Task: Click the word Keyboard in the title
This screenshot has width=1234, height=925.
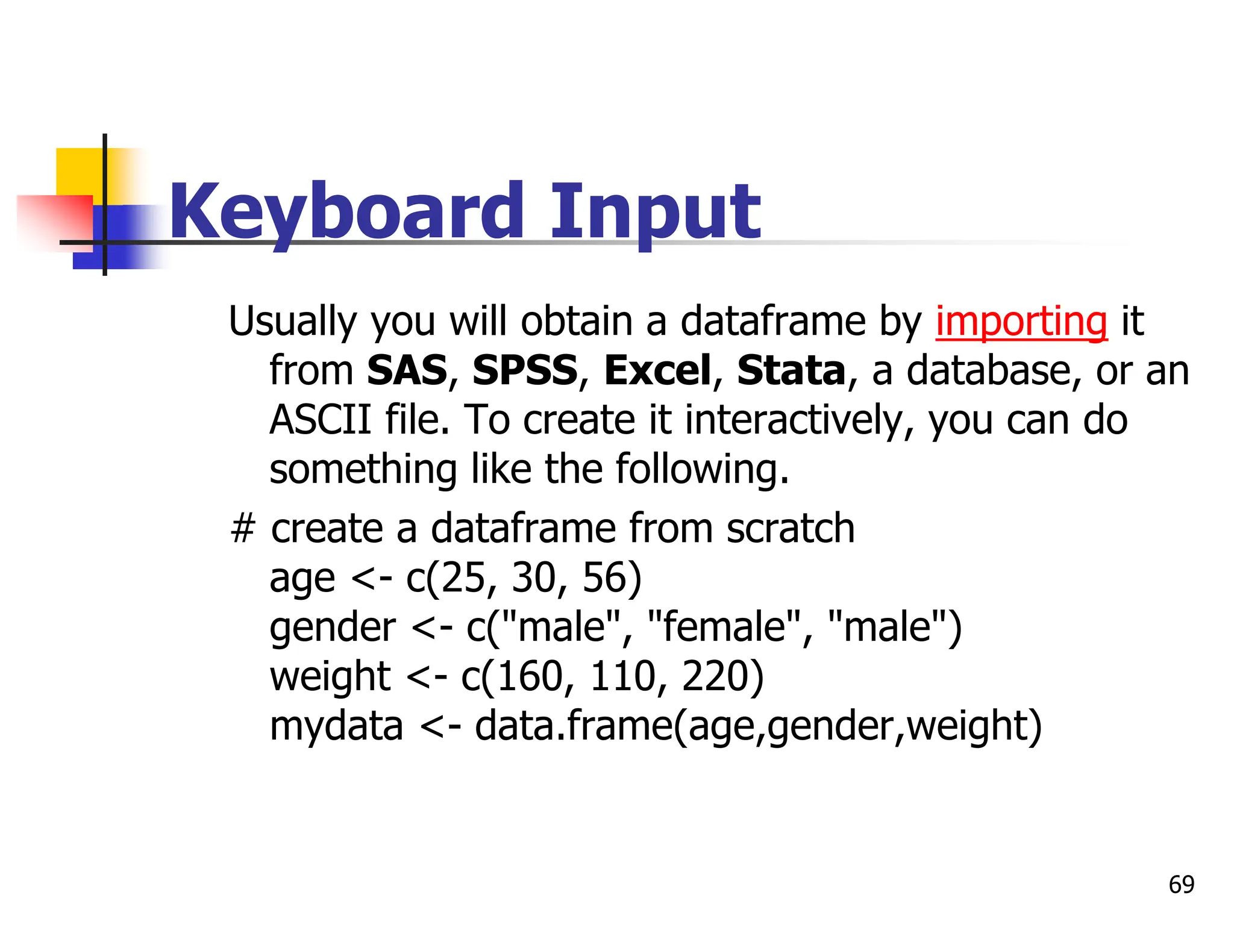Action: pos(346,212)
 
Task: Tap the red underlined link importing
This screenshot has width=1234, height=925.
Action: pos(1021,321)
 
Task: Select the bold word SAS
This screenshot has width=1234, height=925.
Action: pos(407,370)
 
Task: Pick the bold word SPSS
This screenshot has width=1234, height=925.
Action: pos(524,370)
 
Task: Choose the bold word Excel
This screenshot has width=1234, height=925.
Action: pos(657,370)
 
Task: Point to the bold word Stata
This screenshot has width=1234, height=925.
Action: pos(791,370)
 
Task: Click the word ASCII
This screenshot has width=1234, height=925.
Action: pos(320,420)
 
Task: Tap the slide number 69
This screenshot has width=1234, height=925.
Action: pos(1181,885)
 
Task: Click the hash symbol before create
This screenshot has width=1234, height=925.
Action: pos(243,529)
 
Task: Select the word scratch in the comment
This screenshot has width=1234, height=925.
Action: pos(790,529)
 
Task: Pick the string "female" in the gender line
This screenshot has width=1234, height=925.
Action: pos(724,628)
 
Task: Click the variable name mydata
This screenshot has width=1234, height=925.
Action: pos(336,726)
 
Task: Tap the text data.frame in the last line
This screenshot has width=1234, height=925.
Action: pos(572,726)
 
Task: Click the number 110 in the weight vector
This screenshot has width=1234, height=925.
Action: pos(621,677)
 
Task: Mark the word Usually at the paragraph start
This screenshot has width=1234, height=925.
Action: pos(292,321)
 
